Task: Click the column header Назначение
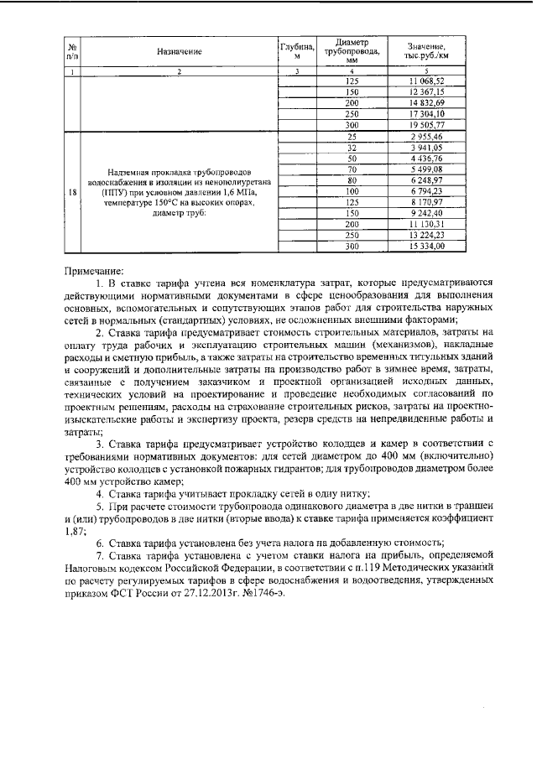180,52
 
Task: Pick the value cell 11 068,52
425,81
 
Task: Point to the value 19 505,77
425,124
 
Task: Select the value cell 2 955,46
425,136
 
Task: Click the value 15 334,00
425,247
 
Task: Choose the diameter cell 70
352,169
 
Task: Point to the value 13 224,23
425,236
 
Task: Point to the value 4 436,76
425,158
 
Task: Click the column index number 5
425,70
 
